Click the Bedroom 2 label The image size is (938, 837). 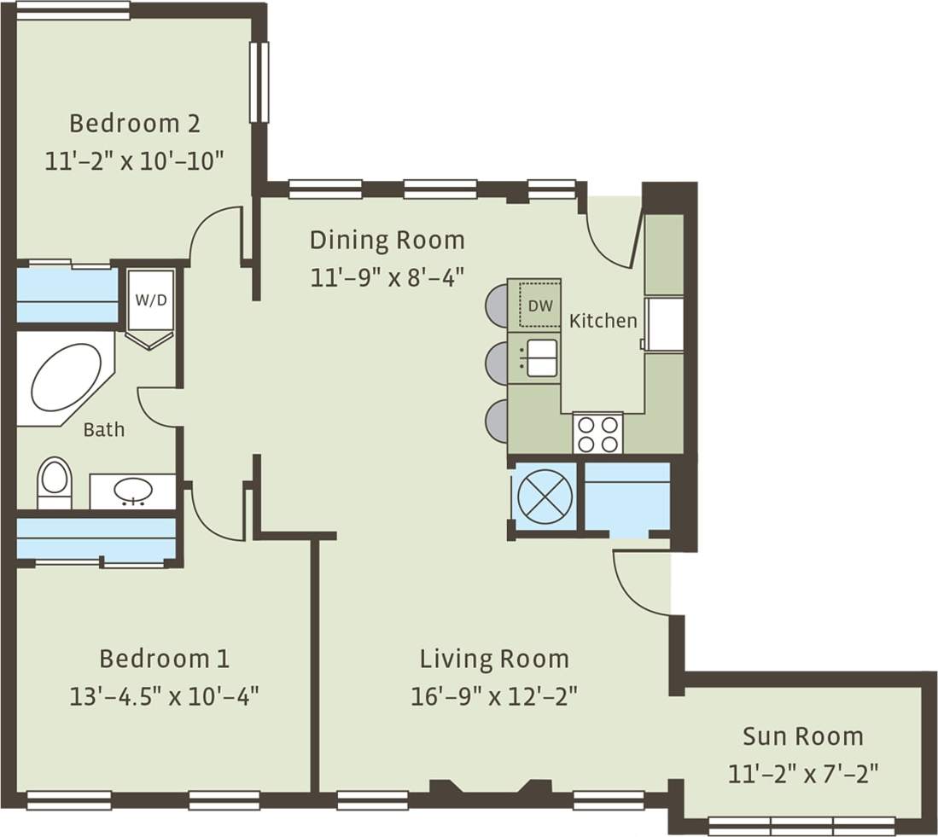pos(134,124)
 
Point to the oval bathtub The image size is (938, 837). pos(66,379)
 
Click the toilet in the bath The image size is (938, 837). pos(55,482)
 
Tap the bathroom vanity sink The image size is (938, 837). pos(133,491)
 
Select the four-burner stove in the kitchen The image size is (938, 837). pos(597,433)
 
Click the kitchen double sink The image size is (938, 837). pos(540,357)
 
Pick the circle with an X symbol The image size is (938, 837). pos(543,497)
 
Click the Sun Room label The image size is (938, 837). pos(802,736)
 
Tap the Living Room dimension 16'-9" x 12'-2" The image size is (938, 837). pos(494,696)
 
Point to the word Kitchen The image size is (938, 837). pos(603,321)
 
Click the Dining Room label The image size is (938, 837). pos(387,240)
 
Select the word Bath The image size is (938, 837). pos(103,430)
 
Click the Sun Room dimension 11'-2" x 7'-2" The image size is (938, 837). pos(802,774)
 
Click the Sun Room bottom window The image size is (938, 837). pos(801,825)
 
